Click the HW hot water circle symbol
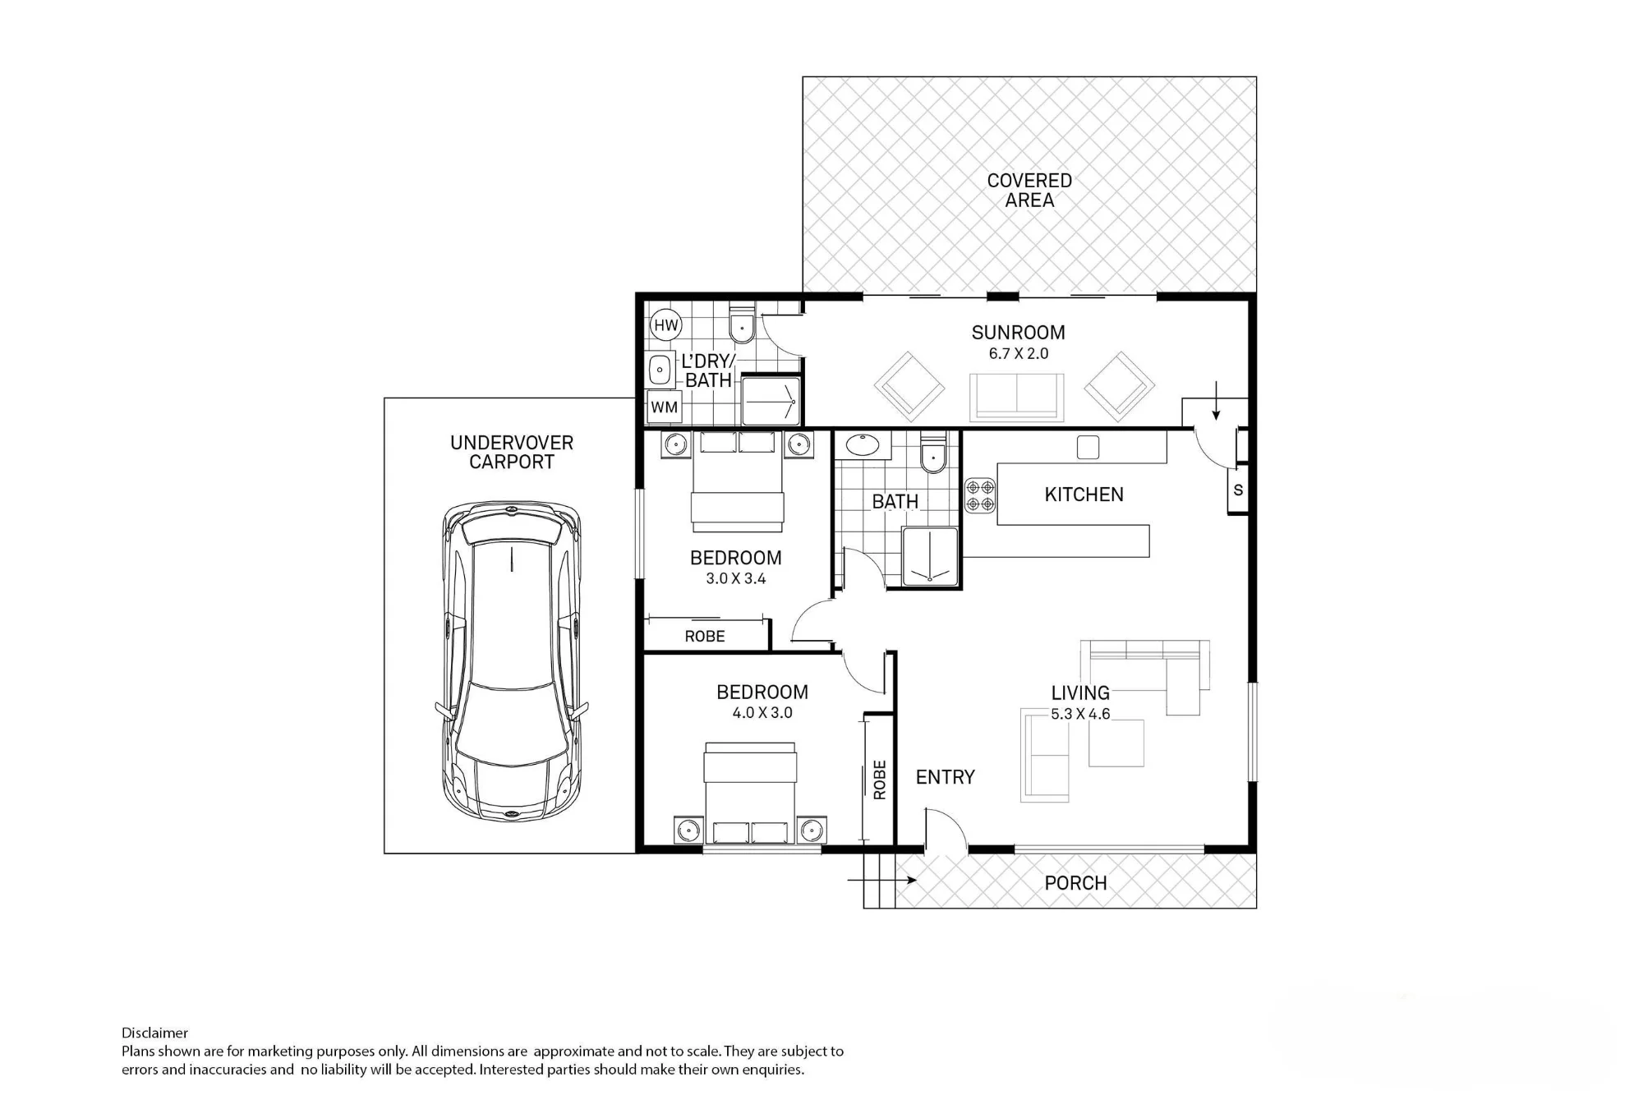pos(666,325)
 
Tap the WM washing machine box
pos(665,407)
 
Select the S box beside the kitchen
pos(1238,490)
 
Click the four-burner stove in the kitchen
pos(980,495)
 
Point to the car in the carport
pos(512,661)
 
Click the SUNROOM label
pos(1018,333)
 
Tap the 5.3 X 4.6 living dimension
pos(1080,715)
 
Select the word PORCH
pos(1075,883)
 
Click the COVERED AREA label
pos(1029,190)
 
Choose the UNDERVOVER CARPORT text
pos(512,452)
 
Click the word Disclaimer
pos(154,1033)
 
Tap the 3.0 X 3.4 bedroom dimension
pos(736,579)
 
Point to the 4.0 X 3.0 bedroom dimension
pos(762,713)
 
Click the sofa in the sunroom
pos(1017,397)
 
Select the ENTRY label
pos(946,777)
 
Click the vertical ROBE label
pos(880,780)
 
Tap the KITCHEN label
pos(1084,495)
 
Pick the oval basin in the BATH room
pos(863,445)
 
